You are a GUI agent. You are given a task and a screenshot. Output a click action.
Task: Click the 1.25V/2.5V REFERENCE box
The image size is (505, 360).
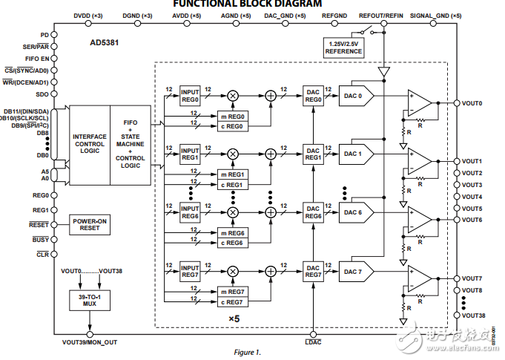click(343, 48)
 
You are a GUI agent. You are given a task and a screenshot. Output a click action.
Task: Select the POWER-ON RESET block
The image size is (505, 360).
click(91, 224)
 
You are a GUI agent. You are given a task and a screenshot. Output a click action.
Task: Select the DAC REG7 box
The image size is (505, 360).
click(313, 270)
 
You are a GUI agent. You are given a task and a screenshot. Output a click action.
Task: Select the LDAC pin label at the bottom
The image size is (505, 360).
click(313, 342)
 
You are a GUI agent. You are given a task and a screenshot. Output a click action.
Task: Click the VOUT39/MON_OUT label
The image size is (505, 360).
click(90, 342)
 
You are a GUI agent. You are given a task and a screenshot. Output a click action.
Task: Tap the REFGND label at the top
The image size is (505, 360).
click(334, 15)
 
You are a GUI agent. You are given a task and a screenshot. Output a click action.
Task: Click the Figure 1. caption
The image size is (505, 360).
click(248, 352)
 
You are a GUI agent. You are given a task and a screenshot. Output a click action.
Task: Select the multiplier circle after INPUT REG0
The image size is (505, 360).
click(233, 95)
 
